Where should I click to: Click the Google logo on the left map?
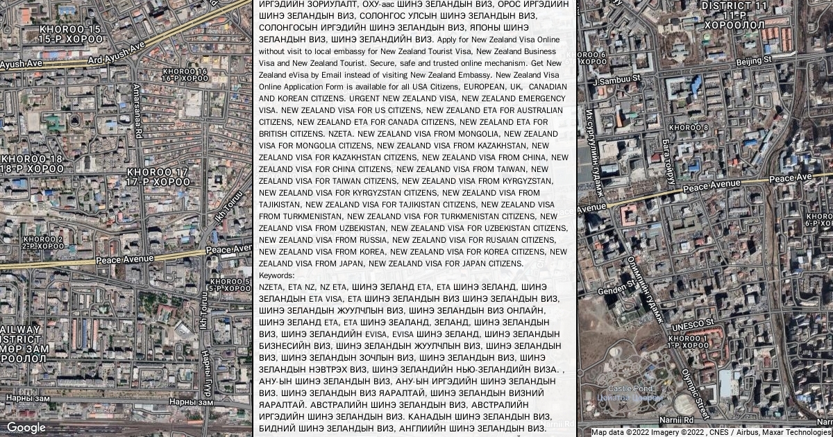pos(26,427)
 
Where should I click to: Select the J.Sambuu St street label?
pos(617,80)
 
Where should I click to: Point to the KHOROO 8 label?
pos(689,128)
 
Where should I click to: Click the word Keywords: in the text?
pos(277,275)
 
